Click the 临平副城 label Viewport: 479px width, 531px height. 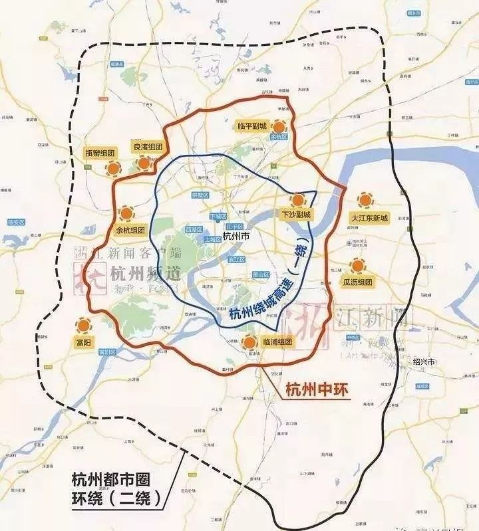[x=253, y=126]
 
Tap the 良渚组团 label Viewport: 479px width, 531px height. [x=148, y=147]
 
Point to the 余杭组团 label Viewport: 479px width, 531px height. [x=130, y=231]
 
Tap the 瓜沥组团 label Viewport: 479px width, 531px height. [x=359, y=282]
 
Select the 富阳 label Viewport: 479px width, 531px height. [x=83, y=342]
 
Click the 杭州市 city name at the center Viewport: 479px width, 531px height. [x=236, y=236]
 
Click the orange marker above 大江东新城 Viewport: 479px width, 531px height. [x=365, y=200]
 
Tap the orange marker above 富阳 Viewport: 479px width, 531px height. [x=83, y=326]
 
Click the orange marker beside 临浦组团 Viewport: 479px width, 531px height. [x=249, y=343]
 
